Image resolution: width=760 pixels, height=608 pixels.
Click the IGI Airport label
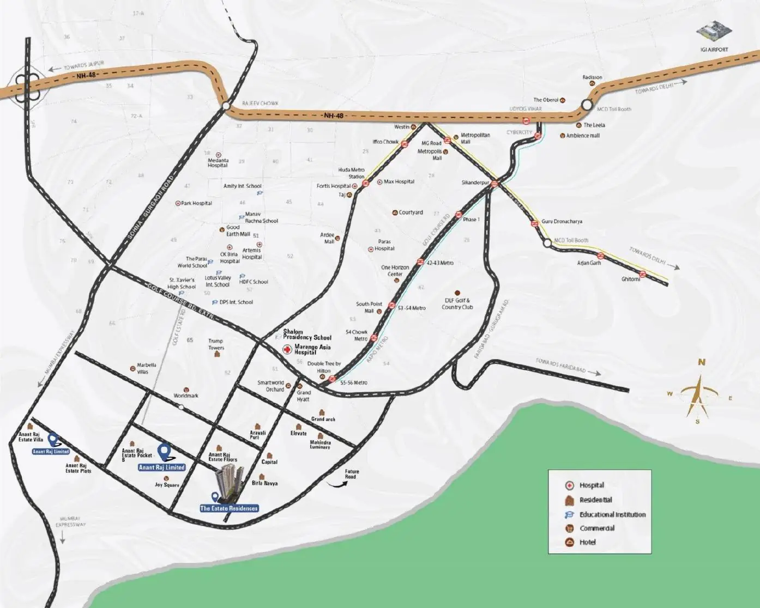[714, 50]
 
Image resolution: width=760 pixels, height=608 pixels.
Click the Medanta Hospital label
[218, 162]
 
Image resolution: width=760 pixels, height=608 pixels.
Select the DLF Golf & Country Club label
[457, 304]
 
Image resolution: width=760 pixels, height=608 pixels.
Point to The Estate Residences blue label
[229, 508]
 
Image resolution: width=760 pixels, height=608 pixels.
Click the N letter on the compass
[702, 362]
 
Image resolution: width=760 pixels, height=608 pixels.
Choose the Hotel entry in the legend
[587, 542]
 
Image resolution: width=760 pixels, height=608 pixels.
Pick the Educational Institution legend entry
[612, 514]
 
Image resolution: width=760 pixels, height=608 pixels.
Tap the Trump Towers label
[216, 344]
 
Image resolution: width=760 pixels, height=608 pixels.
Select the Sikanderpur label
[475, 183]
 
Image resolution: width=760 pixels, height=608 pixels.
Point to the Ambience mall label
[583, 136]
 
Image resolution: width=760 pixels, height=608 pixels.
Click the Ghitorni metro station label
[631, 279]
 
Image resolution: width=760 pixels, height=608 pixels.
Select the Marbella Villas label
[147, 368]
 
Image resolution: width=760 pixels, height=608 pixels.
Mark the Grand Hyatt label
[304, 396]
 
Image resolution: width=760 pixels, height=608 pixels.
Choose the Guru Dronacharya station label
[562, 222]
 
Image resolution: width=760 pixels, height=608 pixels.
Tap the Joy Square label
[167, 485]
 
